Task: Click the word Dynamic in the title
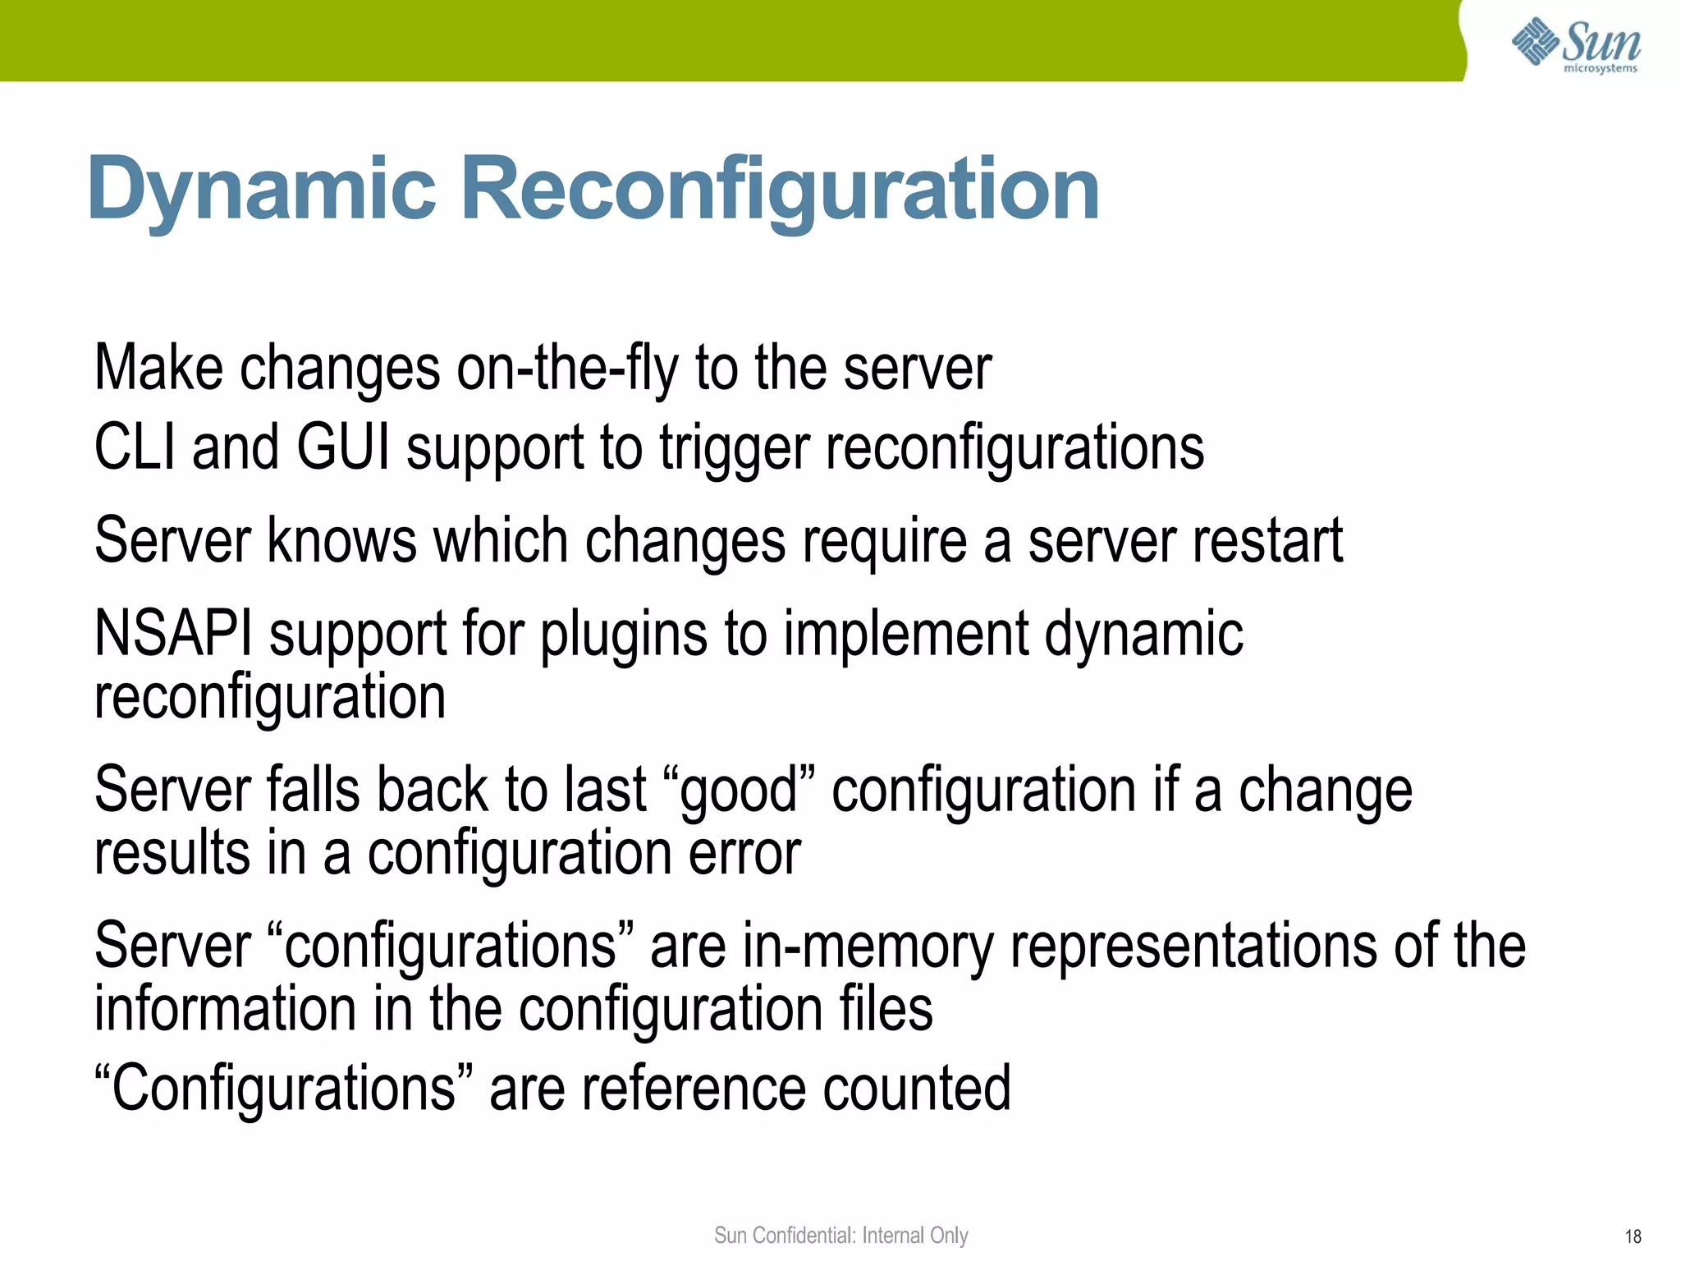tap(261, 190)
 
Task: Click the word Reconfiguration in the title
tap(780, 190)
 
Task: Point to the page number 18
tap(1633, 1236)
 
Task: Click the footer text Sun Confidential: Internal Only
tap(840, 1236)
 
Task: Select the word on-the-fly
tap(567, 369)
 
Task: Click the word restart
tap(1267, 542)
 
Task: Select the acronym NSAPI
tap(173, 634)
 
